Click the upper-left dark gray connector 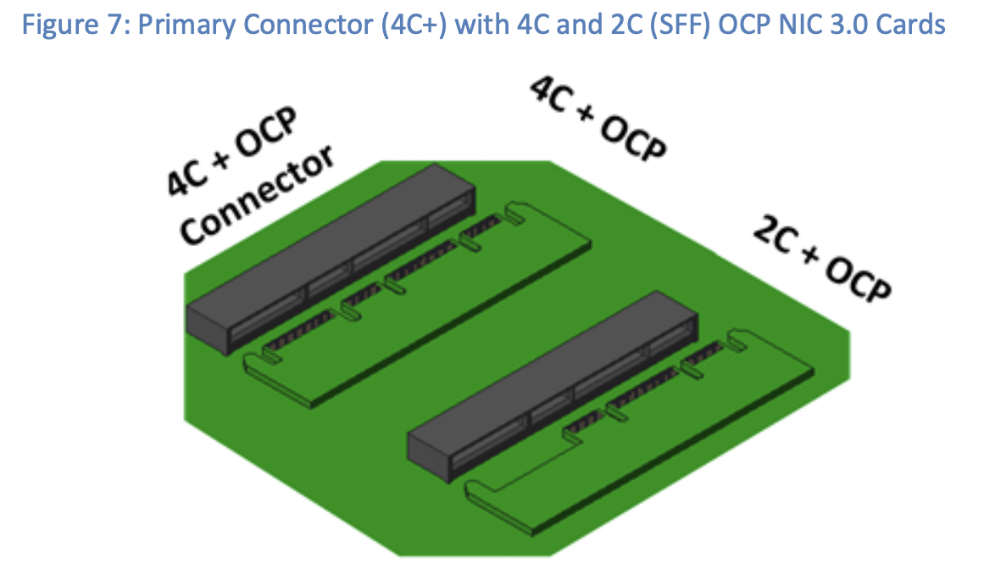pos(331,254)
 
